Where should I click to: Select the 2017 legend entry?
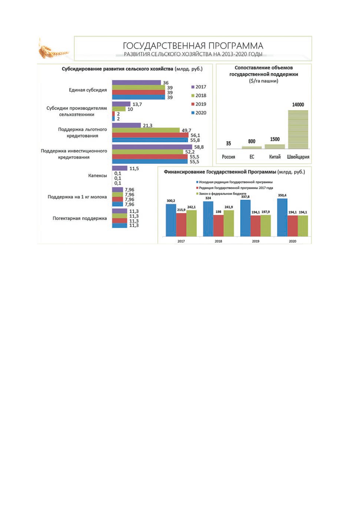pos(199,87)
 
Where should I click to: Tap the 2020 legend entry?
pos(199,113)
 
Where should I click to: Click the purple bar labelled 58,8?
pos(152,147)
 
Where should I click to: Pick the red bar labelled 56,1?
pos(150,135)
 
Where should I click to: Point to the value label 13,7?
pos(137,104)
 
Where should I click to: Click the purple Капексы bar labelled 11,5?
pos(120,168)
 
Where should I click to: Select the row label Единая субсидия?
pos(88,90)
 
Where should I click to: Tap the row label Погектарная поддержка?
pos(80,218)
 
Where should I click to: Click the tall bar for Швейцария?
pos(298,130)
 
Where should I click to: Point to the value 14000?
pos(298,105)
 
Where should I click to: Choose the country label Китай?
pos(275,157)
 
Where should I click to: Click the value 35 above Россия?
pos(229,144)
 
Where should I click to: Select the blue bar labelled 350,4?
pos(282,218)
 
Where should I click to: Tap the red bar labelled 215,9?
pos(181,225)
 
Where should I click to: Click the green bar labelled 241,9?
pos(229,224)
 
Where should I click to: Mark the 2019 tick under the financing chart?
pos(256,241)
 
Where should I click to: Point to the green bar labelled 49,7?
pos(146,130)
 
